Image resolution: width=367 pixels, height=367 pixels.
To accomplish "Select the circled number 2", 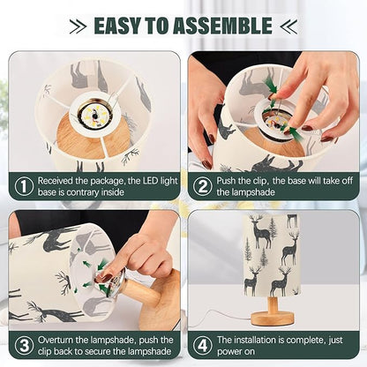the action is click(x=203, y=186).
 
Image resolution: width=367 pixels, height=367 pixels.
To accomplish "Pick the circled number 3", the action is click(x=24, y=346).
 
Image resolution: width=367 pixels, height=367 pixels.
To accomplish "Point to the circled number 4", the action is click(x=203, y=346).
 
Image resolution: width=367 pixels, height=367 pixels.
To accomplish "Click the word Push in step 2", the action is click(x=225, y=181).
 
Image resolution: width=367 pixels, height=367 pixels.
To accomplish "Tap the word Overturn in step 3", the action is click(x=56, y=340).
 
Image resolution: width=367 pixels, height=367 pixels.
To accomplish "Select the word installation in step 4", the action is click(x=256, y=340).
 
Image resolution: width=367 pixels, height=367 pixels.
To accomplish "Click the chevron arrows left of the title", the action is click(x=78, y=26).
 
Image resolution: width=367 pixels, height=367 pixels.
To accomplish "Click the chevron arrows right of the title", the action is click(x=288, y=26).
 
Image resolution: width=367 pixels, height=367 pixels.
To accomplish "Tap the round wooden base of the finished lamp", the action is click(x=273, y=318).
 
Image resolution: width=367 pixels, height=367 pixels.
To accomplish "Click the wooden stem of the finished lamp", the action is click(x=273, y=304).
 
